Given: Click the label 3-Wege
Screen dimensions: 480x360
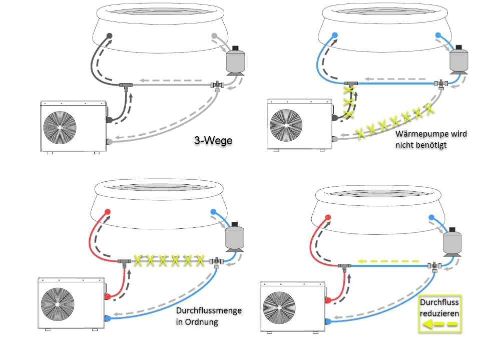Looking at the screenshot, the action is [x=213, y=140].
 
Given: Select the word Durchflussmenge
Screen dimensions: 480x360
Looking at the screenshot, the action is [x=209, y=310].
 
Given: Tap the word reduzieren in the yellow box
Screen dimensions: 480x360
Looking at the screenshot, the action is [x=439, y=313].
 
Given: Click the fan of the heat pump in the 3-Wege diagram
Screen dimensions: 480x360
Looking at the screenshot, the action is [x=60, y=127].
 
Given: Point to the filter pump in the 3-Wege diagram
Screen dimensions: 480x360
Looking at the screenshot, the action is [x=235, y=61].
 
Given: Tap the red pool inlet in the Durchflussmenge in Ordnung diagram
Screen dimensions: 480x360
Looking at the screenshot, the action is [x=108, y=212].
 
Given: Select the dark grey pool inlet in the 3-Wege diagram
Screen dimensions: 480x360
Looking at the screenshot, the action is [x=109, y=36].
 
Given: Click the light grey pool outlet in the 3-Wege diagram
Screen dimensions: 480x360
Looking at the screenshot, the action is [x=214, y=36].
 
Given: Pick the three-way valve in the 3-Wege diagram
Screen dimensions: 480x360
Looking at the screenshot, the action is [x=217, y=86].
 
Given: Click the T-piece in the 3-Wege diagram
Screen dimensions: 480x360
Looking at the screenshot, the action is [x=126, y=86].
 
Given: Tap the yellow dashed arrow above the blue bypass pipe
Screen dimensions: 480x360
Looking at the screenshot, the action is [x=388, y=261].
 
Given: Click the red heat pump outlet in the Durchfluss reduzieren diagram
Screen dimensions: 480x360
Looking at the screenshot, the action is [x=328, y=300].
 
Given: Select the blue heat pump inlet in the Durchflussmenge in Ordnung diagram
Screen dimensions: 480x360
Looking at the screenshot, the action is [x=108, y=318].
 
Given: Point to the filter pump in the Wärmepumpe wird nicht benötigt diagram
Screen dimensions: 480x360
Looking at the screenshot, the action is [x=458, y=60].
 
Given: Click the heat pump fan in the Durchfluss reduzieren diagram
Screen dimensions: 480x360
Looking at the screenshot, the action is [x=279, y=307].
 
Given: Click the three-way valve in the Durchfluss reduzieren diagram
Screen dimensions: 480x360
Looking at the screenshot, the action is [x=434, y=266].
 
